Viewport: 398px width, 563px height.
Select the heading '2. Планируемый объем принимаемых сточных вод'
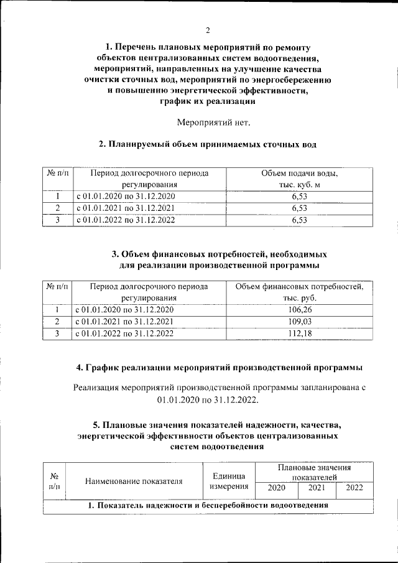click(208, 145)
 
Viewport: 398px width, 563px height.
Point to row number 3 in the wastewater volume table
click(57, 220)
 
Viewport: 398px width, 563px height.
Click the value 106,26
click(299, 310)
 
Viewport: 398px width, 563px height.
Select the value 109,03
click(299, 322)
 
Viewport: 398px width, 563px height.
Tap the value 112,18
click(299, 334)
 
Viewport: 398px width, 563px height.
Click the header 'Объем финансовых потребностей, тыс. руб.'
click(299, 292)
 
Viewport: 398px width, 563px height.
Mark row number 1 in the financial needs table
click(57, 310)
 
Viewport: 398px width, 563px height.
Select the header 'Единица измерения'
click(229, 481)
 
